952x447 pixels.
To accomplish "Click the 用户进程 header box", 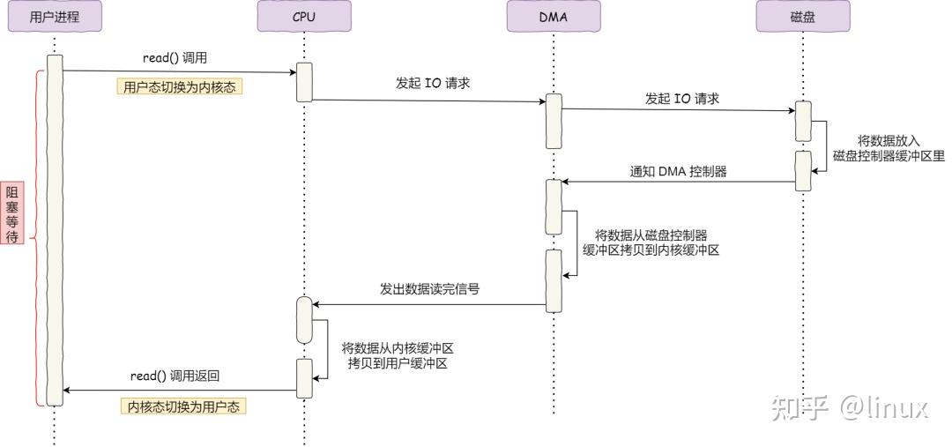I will click(x=55, y=16).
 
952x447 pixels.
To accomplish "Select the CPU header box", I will click(x=304, y=16).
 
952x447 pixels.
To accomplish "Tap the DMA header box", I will click(x=554, y=16).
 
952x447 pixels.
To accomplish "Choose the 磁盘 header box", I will click(x=803, y=16).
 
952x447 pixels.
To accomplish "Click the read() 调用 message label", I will click(x=175, y=58).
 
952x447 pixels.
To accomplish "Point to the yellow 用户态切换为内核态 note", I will click(x=180, y=87).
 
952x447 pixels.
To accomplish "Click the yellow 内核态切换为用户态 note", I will click(x=182, y=406).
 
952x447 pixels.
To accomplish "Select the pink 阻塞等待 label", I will click(x=12, y=213).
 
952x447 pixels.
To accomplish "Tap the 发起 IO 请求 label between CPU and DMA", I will click(x=432, y=84).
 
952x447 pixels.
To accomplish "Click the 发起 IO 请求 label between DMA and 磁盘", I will click(x=681, y=99).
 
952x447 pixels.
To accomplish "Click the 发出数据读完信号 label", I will click(x=429, y=288).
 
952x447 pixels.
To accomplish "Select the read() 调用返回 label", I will click(x=175, y=376).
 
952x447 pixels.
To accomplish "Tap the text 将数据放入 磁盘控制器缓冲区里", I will click(x=888, y=148).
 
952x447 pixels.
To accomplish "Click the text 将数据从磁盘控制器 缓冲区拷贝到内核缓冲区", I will click(x=651, y=242).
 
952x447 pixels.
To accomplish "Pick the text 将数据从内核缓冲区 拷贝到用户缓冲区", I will click(x=398, y=355).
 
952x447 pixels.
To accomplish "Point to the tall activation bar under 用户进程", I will click(x=55, y=229).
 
